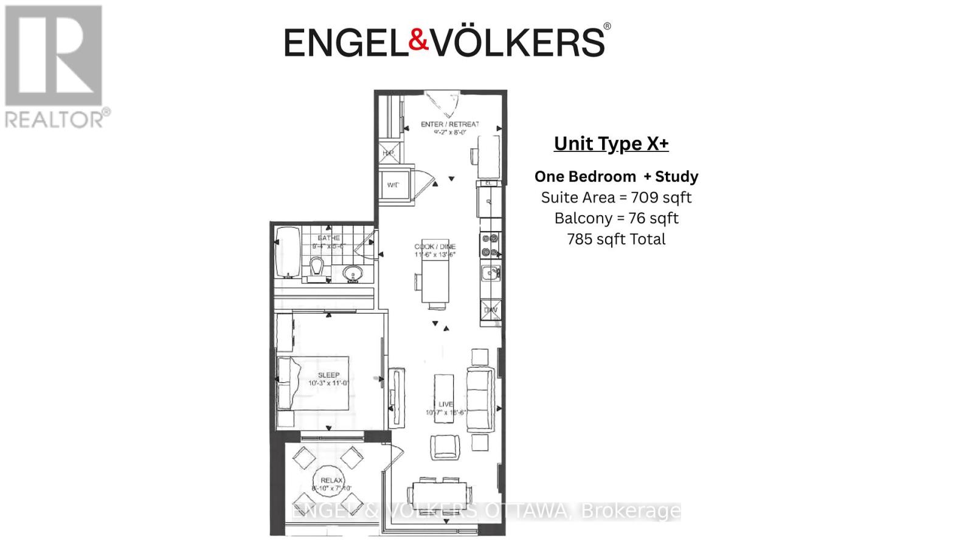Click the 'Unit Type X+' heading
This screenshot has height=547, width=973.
click(x=611, y=144)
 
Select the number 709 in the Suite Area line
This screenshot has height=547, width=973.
click(x=644, y=198)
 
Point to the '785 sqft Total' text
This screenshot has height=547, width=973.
click(x=616, y=239)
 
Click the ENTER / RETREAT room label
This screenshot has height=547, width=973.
click(x=449, y=125)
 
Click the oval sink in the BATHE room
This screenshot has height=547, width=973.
click(x=352, y=274)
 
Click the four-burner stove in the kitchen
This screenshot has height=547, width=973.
click(x=490, y=245)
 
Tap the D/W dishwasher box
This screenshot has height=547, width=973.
click(x=491, y=310)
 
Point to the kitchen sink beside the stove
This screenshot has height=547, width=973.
click(x=490, y=273)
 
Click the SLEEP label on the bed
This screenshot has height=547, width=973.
click(x=328, y=375)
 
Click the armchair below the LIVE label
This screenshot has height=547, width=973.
click(x=445, y=447)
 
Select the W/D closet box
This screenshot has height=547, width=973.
click(x=393, y=185)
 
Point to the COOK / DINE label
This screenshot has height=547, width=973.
click(x=434, y=247)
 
